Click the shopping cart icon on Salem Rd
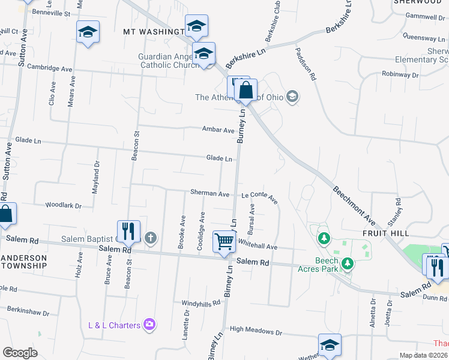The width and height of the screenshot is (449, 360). coord(224,242)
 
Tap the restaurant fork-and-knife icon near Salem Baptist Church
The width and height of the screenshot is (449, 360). coord(128,231)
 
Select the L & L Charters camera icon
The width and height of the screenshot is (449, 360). coord(149,325)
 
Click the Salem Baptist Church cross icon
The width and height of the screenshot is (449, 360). coord(150,239)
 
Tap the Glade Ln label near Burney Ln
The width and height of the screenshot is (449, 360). coord(219,158)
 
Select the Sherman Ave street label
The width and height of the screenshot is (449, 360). coord(209,194)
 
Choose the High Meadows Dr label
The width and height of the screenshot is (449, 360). coord(256,330)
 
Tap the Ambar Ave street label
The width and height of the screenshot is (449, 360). coord(218,130)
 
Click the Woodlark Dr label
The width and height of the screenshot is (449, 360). coord(63,205)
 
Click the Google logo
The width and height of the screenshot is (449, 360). coord(20,353)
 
